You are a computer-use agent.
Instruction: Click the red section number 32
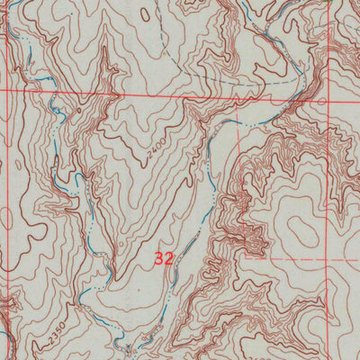(164, 258)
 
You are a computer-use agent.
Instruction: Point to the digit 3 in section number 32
(159, 258)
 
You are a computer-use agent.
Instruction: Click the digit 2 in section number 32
(168, 258)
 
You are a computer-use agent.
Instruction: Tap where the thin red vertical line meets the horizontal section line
(118, 93)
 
